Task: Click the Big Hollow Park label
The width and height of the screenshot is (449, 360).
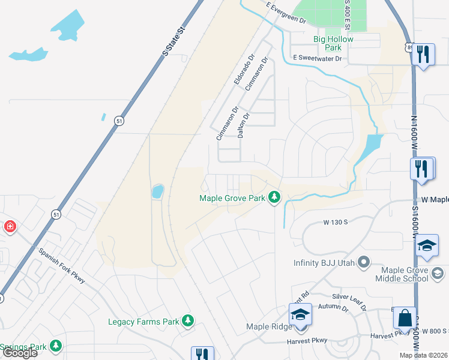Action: (x=334, y=43)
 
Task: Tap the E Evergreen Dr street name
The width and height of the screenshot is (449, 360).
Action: (x=286, y=13)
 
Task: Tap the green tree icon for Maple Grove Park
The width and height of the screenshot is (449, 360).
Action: (x=275, y=197)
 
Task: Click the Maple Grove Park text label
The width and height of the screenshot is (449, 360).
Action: (x=232, y=198)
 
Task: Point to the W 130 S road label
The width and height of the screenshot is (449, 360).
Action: (x=336, y=223)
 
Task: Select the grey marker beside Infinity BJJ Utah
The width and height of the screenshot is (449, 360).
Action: (x=363, y=262)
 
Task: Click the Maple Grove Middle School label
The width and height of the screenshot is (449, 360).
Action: (x=402, y=274)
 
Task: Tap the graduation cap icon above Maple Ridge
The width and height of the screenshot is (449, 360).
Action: (x=300, y=314)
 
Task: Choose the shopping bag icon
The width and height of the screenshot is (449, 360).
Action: (x=405, y=318)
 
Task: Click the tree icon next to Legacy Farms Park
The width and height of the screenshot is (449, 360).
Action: (x=188, y=321)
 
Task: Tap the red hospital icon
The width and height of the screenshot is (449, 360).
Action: (x=10, y=227)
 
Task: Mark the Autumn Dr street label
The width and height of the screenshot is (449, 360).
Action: (x=334, y=307)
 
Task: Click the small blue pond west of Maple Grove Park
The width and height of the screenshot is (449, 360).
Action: (x=157, y=191)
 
